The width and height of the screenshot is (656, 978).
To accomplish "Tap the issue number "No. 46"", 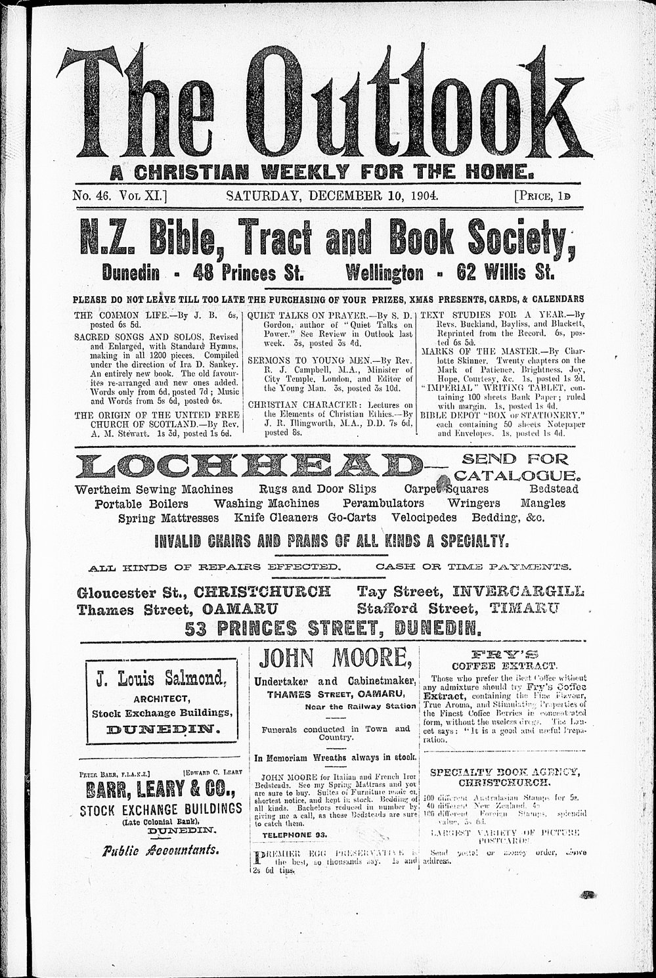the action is coord(93,195).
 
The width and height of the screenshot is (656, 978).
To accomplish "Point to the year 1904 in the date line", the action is coord(424,195).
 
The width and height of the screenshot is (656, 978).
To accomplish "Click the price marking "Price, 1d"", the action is coord(542,195).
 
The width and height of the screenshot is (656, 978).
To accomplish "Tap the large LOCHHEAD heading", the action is coord(250,466).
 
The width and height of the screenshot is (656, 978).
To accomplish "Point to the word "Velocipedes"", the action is coord(424,518).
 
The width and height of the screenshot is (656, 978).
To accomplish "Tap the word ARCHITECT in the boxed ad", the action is coord(161,698).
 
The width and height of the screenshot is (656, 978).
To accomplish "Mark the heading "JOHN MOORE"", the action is coord(335,657).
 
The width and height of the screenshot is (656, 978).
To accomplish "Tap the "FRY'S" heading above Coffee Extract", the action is coord(504,654).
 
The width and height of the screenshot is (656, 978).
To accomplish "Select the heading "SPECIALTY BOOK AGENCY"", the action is coord(504,772).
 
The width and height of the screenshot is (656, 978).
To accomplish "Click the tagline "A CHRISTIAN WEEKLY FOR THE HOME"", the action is coord(322,173).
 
